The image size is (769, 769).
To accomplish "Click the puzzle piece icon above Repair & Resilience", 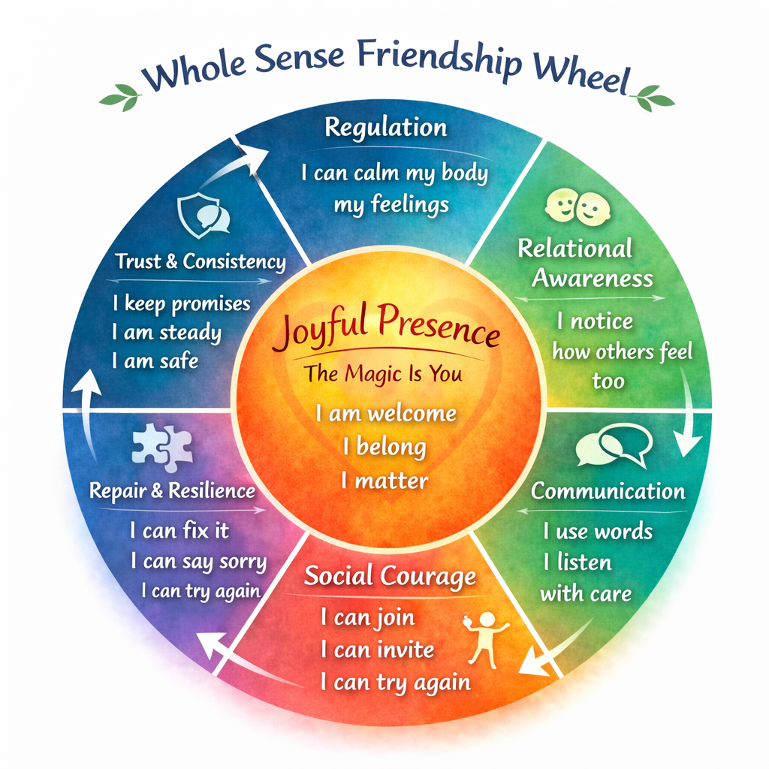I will [162, 448].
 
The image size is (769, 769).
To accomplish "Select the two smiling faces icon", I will [578, 207].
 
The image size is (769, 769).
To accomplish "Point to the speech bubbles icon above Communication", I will [612, 446].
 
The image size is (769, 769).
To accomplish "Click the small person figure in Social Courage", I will [487, 638].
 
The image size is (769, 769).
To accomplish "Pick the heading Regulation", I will [385, 127].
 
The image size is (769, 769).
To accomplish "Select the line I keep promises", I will [181, 303].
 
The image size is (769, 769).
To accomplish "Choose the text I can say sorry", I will [198, 561].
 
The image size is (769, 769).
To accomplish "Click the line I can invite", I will [377, 650].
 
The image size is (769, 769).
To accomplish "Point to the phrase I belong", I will [384, 447].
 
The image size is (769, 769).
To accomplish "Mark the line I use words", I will [598, 532].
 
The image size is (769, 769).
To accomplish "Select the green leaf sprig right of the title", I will [654, 98].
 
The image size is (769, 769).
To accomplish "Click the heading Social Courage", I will [390, 577].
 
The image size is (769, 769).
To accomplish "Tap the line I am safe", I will [155, 361].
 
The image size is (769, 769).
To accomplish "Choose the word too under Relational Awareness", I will [608, 381].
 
